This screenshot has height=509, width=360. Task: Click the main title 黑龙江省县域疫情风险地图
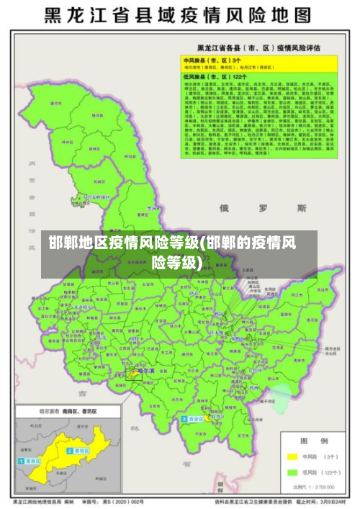click(x=180, y=15)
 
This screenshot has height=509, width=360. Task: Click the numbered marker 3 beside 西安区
click(x=184, y=419)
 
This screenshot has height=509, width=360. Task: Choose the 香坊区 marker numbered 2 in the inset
click(x=69, y=449)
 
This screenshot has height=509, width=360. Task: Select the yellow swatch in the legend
click(x=292, y=456)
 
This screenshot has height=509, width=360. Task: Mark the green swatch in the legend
click(x=292, y=473)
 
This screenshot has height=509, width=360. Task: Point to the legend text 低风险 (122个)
click(x=325, y=473)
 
